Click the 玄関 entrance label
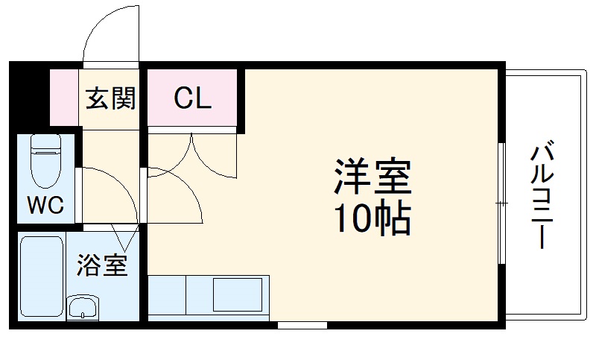[x=110, y=98]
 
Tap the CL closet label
[x=192, y=98]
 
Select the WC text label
[x=45, y=204]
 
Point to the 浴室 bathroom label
[x=101, y=265]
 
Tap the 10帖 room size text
[x=372, y=218]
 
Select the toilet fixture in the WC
[x=46, y=160]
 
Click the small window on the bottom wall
[x=302, y=325]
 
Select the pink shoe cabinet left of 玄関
[x=64, y=98]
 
